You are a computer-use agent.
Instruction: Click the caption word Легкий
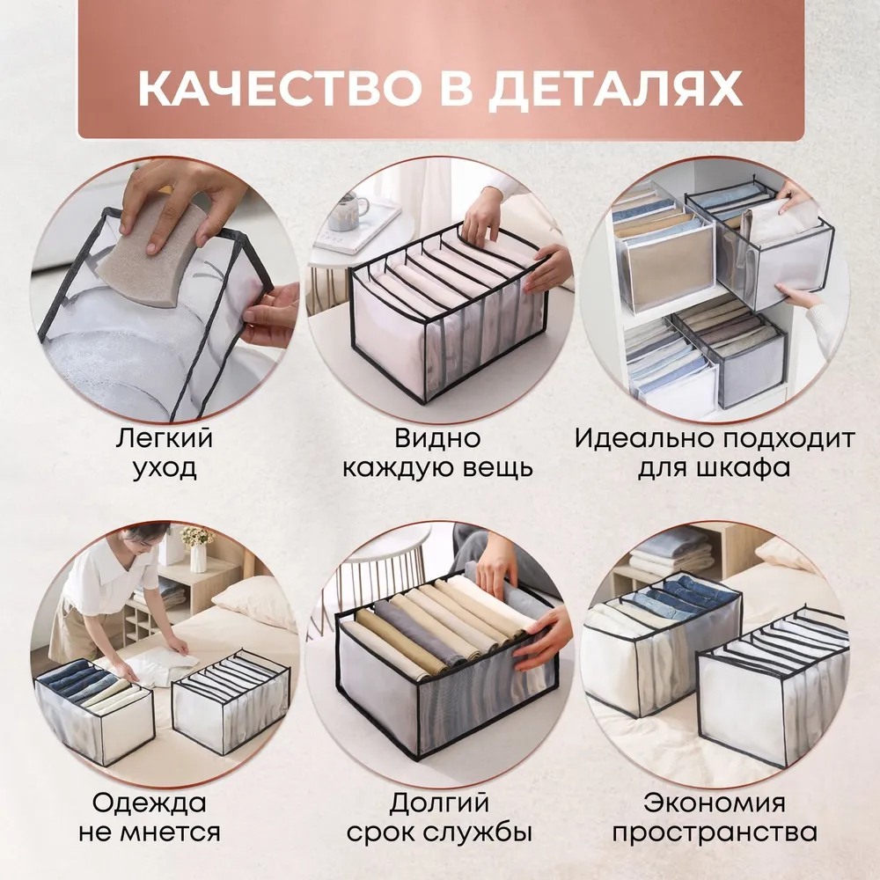coord(165,438)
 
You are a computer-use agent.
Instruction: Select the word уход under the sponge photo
coord(165,468)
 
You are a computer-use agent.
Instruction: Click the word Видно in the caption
coord(437,438)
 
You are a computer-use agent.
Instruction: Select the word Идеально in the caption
coord(644,438)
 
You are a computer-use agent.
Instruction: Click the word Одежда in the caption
coord(150,803)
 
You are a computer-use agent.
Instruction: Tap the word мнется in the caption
coord(174,832)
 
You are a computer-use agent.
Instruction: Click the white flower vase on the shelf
coord(198,557)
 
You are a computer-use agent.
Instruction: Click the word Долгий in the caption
coord(439,803)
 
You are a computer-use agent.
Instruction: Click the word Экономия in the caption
coord(715,803)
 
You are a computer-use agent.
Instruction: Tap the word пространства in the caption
coord(715,832)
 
